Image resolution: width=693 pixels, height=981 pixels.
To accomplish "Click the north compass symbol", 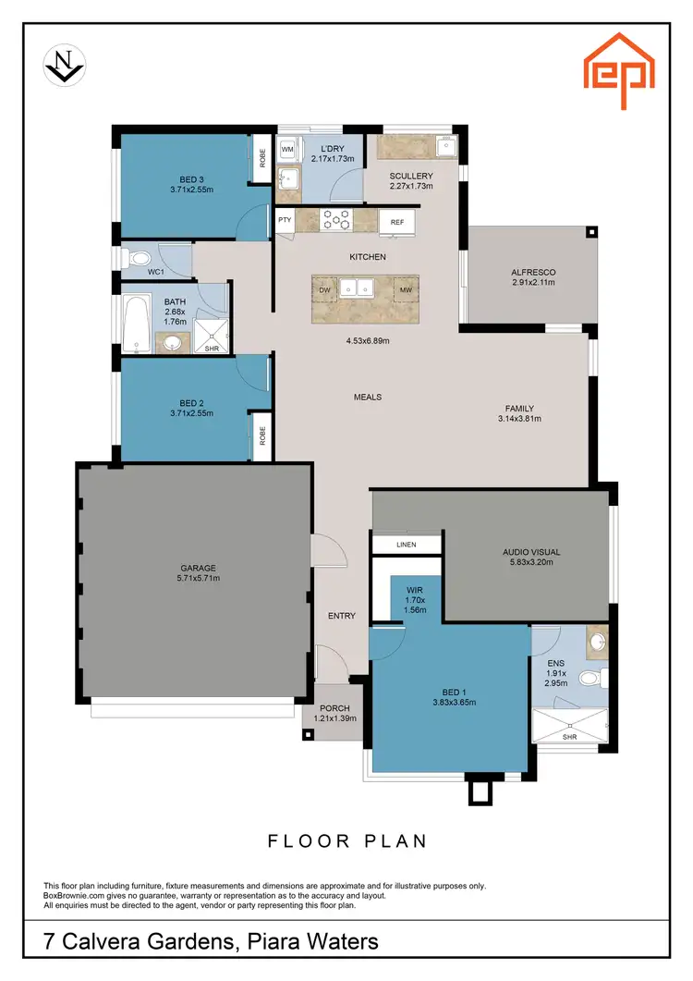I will click(x=65, y=67).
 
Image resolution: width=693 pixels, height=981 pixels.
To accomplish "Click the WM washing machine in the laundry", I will click(x=287, y=148).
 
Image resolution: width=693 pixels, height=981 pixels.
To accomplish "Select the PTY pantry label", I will click(x=285, y=221).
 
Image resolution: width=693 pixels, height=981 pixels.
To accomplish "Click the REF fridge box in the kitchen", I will click(x=397, y=222).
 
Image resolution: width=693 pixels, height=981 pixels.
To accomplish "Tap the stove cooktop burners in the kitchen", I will click(x=335, y=220).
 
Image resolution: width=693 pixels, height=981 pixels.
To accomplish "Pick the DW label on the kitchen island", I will click(x=325, y=290).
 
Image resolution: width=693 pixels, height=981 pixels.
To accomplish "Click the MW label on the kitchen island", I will click(x=405, y=290).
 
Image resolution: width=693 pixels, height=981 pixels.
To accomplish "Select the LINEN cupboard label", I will click(x=406, y=545).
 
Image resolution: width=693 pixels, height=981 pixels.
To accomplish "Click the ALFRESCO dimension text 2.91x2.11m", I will click(x=533, y=282).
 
